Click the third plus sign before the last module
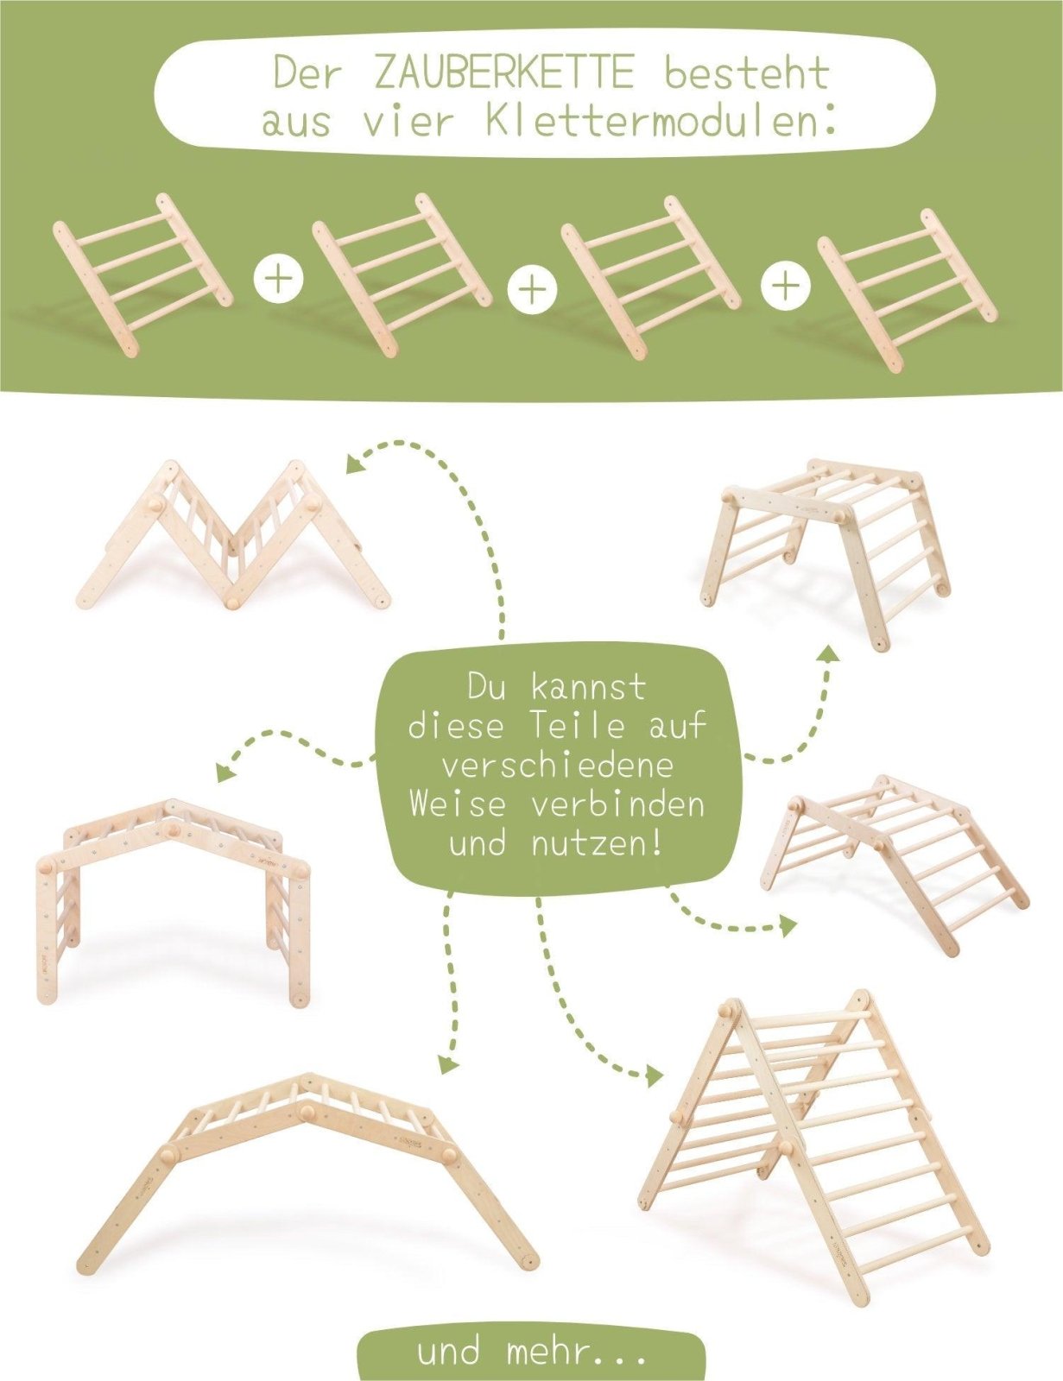785,284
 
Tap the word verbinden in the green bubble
617,804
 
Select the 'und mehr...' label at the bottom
531,1352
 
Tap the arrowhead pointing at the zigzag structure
354,464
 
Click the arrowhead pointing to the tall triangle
655,1075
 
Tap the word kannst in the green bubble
587,688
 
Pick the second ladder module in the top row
402,274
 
